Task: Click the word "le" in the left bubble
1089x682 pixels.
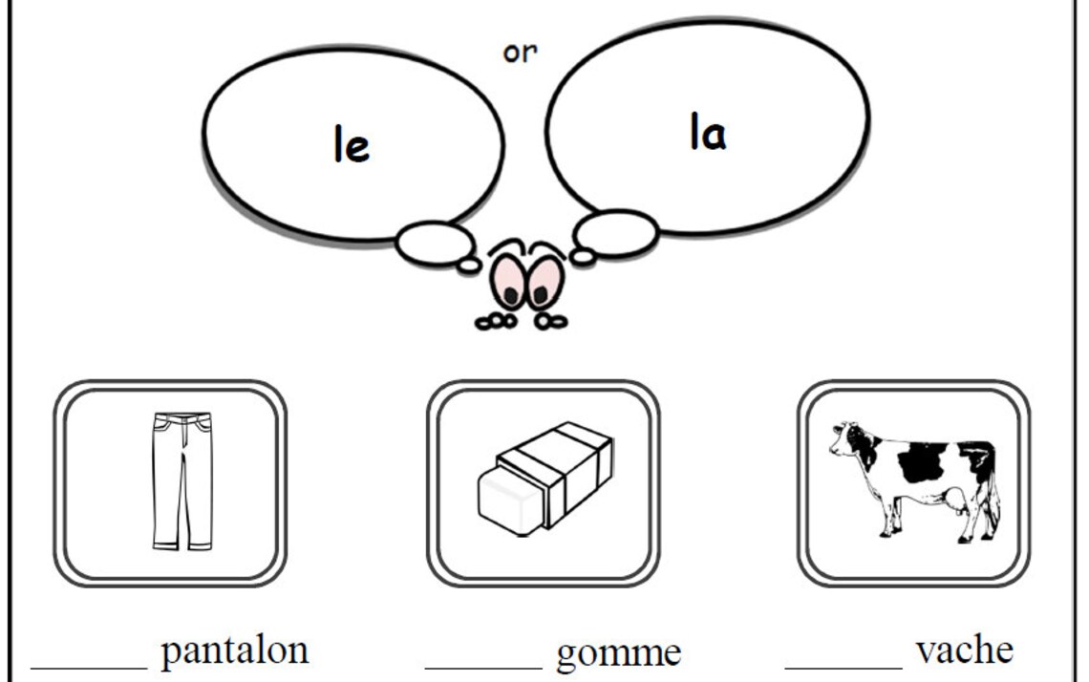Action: coord(352,146)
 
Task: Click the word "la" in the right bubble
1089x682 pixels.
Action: coord(708,133)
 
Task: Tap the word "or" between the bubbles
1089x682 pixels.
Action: coord(521,53)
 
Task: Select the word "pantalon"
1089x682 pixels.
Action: coord(235,651)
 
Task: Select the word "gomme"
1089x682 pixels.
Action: coord(619,653)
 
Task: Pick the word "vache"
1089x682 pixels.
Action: coord(964,650)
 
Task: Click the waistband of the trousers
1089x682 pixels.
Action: coord(181,418)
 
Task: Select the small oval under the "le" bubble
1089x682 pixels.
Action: coord(433,242)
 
